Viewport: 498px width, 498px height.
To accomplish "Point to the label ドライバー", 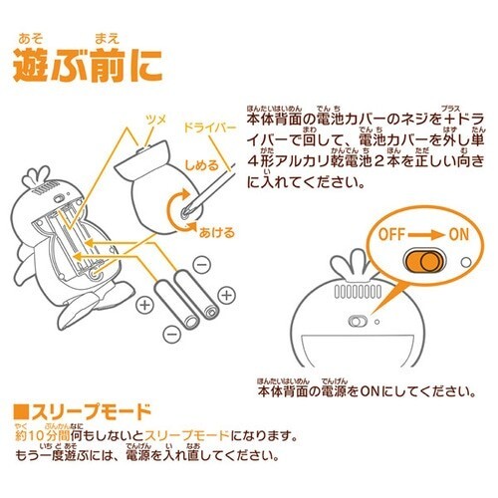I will [212, 130].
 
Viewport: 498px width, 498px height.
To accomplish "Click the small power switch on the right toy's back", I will [354, 322].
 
